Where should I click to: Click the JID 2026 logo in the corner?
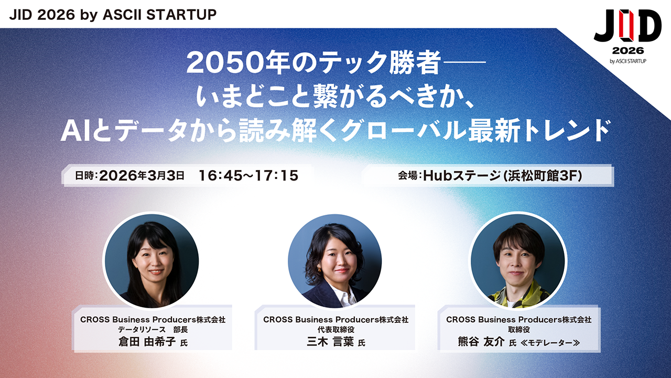[x=628, y=37]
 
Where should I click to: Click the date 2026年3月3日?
[x=142, y=175]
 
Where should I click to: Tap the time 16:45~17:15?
[x=248, y=175]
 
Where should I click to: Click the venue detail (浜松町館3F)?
[x=543, y=176]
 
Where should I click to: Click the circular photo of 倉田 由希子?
[x=151, y=261]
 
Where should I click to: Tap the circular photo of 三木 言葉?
[x=335, y=261]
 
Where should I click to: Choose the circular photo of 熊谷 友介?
[x=518, y=261]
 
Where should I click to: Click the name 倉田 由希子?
[x=147, y=342]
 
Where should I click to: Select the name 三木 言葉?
[x=330, y=342]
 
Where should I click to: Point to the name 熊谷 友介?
[x=481, y=342]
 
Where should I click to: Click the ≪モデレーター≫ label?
[x=550, y=343]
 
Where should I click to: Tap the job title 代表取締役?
[x=336, y=329]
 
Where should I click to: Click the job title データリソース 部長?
[x=153, y=329]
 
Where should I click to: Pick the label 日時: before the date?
[x=86, y=175]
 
